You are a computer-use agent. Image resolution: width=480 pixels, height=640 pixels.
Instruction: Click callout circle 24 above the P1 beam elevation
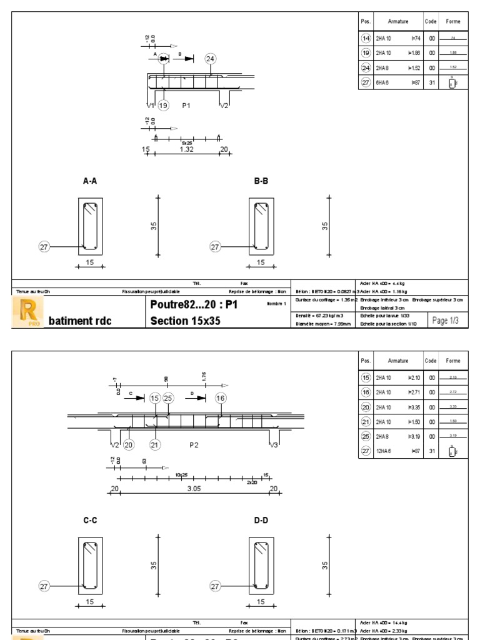coord(210,59)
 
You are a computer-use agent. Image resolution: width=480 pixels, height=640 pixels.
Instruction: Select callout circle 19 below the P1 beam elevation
coord(163,106)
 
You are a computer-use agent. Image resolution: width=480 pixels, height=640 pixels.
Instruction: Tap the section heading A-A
coord(91,181)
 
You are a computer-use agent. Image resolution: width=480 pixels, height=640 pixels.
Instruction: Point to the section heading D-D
coord(261,520)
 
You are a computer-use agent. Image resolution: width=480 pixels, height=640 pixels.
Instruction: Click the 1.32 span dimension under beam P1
coord(186,150)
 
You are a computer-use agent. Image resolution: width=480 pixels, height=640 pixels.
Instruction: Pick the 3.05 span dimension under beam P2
coord(194,489)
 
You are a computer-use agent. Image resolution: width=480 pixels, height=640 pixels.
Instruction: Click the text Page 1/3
coord(445,320)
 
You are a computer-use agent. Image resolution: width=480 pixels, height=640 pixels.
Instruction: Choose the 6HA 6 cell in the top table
coord(382,82)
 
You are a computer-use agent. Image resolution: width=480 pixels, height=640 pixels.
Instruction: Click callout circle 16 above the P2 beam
coord(220,398)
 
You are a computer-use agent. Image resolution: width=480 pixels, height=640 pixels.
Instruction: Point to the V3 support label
coord(273,445)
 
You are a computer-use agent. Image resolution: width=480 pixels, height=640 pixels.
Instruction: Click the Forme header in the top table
coord(452,21)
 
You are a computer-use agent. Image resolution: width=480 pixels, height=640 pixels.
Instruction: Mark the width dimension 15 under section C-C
coord(90,602)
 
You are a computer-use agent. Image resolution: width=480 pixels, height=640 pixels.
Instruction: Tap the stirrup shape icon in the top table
coord(452,82)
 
